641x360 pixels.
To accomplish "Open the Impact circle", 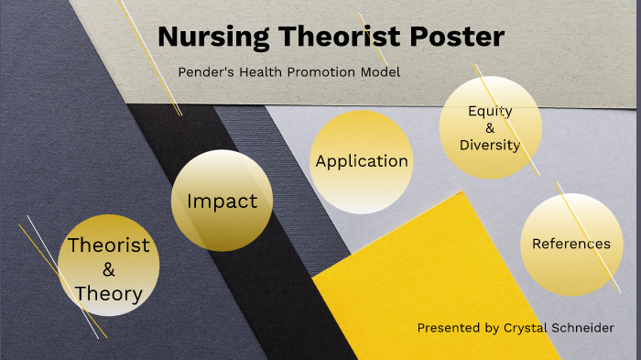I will (x=223, y=201).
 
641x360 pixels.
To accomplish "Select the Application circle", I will (x=362, y=161).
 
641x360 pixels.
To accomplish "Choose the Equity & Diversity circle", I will (x=489, y=127).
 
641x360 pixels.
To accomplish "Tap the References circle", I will (x=571, y=244).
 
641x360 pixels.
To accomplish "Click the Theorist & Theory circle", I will (x=108, y=266).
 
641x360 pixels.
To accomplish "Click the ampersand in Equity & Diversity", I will (x=490, y=128).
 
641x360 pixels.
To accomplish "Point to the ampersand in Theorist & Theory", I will (x=108, y=269).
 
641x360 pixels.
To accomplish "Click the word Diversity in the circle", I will (x=490, y=145).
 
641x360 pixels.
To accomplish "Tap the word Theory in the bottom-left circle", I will (x=108, y=294).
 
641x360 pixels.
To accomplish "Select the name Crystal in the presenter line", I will (x=526, y=327).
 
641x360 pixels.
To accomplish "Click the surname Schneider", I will (x=582, y=327).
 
